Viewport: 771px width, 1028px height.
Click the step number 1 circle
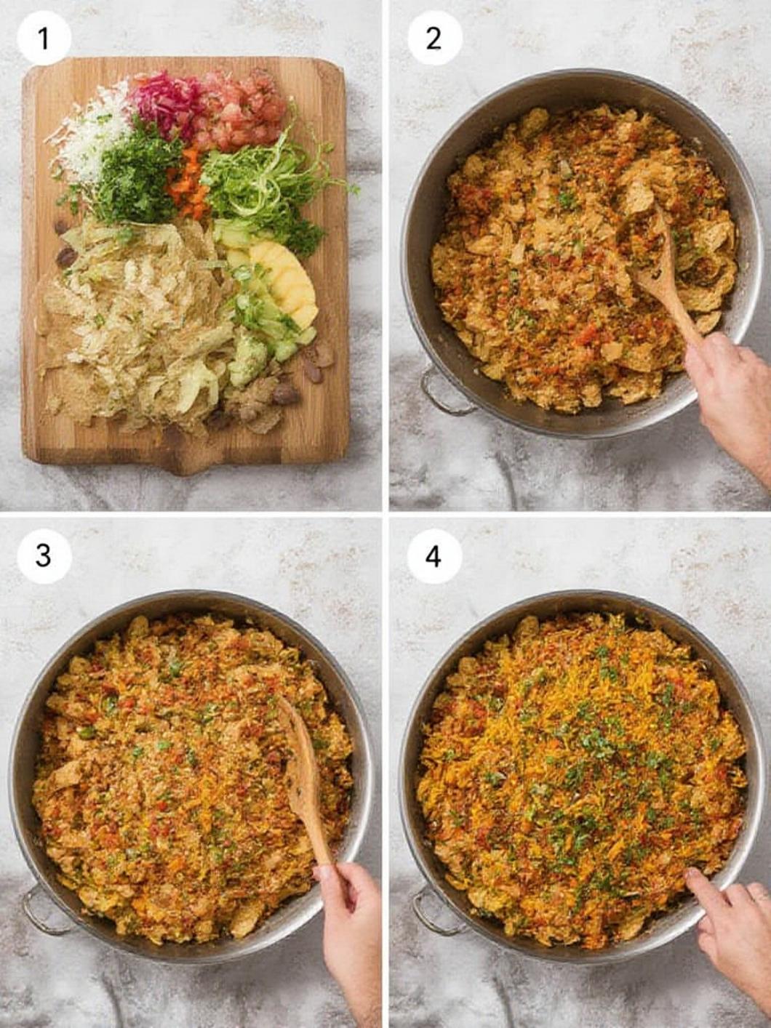(44, 37)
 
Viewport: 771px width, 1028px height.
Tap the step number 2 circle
(434, 37)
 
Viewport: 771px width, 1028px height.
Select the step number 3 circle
(44, 555)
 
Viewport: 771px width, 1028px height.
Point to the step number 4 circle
(434, 556)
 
